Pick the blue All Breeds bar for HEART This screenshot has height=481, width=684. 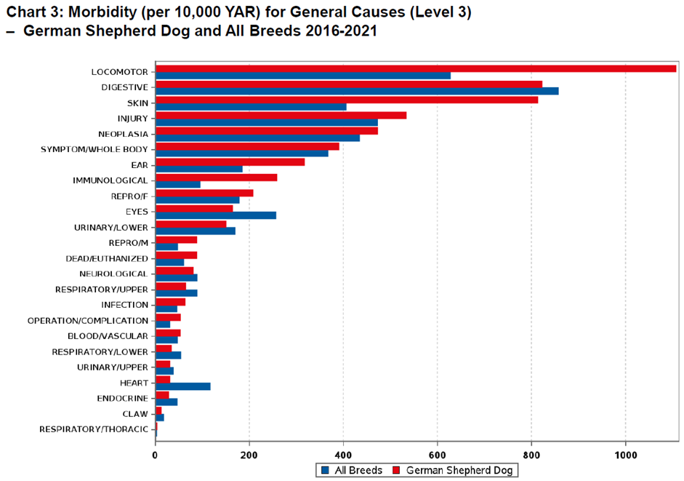click(183, 386)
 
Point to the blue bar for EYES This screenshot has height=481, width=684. click(216, 215)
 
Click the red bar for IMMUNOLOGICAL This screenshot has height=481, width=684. click(217, 177)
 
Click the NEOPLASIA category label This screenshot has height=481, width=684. click(123, 134)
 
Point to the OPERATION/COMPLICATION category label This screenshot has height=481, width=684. click(88, 320)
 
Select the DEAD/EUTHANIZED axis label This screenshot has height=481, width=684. click(107, 258)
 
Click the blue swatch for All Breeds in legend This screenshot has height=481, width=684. click(325, 470)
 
